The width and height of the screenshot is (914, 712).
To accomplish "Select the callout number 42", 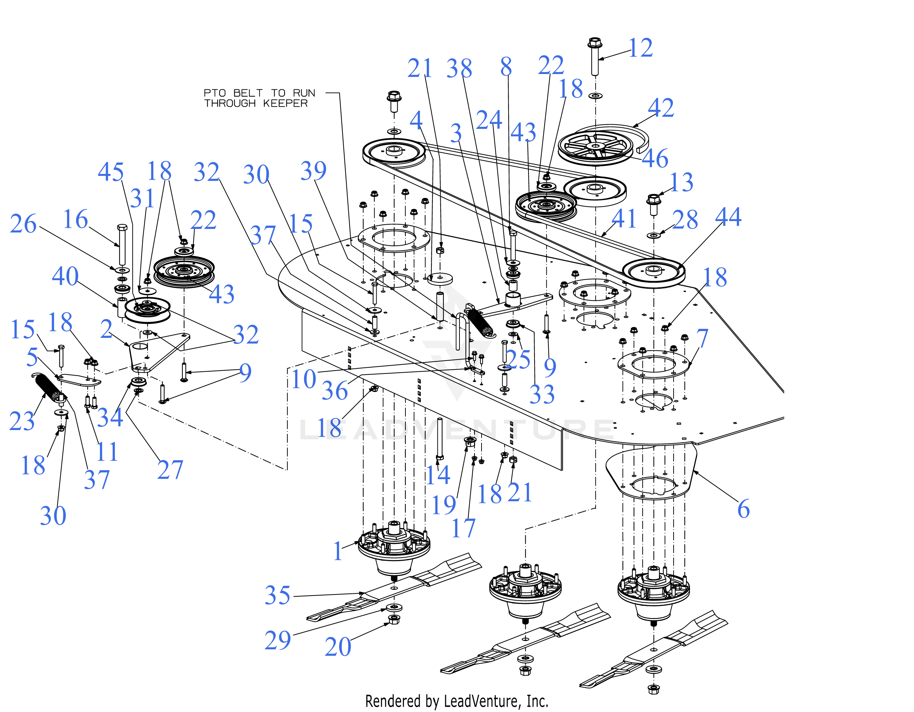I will [x=661, y=108].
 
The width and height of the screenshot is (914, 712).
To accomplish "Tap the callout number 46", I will [x=655, y=158].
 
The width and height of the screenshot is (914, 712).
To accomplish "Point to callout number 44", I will [x=728, y=217].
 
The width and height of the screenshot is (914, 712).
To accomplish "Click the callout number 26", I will [x=23, y=224].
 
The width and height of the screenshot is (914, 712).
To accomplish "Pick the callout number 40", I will [x=65, y=276].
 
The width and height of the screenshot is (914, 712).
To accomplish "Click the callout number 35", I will [x=277, y=595].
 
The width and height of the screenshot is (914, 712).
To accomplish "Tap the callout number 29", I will [x=277, y=640].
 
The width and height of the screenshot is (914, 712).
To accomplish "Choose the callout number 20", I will [x=338, y=647].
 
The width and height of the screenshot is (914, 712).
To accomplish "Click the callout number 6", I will [x=743, y=509].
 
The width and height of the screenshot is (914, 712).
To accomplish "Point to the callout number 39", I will [x=313, y=171].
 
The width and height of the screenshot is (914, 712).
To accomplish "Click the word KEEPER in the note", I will [x=286, y=104].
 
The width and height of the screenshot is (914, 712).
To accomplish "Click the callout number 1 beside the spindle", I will [x=338, y=551].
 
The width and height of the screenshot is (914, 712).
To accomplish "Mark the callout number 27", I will [x=170, y=470].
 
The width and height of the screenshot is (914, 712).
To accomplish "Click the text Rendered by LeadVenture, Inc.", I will [x=457, y=701].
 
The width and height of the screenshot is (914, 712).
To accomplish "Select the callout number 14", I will [x=438, y=475].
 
